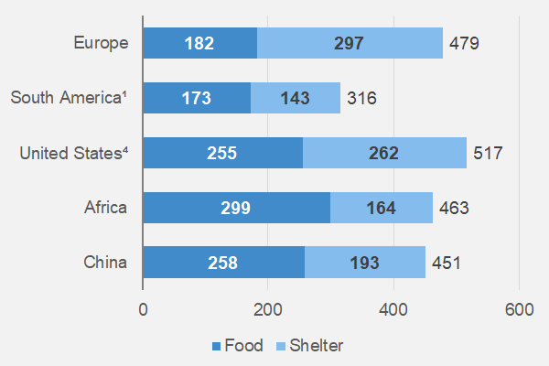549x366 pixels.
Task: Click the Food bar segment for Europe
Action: point(200,43)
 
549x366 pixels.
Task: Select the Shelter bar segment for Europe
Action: point(350,43)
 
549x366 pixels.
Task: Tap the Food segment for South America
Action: point(197,98)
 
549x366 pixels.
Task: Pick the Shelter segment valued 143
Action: point(296,98)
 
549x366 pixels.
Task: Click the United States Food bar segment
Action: point(222,153)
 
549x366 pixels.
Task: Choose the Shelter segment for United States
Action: point(384,153)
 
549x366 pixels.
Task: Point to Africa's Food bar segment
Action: point(236,208)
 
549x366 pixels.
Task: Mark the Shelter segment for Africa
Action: point(382,208)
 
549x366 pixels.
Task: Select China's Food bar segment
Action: point(223,263)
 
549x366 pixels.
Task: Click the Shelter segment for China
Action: point(365,263)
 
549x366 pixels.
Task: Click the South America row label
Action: point(69,98)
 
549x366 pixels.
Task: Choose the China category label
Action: point(105,263)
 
